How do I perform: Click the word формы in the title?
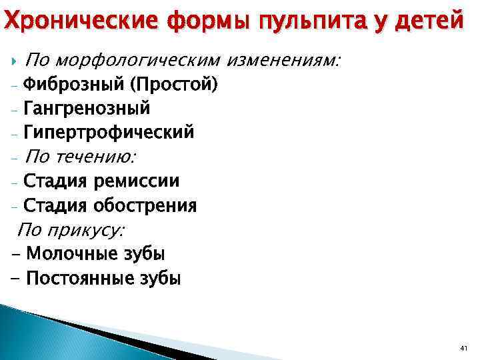(202, 20)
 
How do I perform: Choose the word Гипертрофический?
(109, 132)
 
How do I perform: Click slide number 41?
(464, 349)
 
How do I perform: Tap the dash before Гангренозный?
(15, 109)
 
